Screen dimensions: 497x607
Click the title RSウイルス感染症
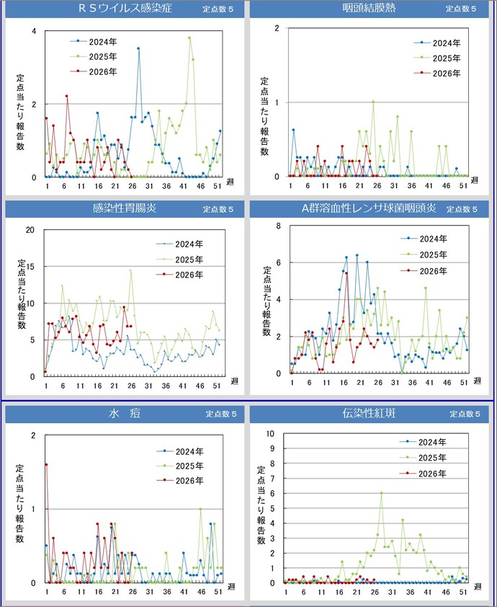125,9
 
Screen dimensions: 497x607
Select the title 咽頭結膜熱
369,8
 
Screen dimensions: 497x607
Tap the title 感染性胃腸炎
125,208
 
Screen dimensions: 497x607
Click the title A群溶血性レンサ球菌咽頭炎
369,208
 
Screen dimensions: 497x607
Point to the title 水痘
125,414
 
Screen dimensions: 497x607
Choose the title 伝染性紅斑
369,413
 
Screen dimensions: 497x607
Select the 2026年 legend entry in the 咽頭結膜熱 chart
437,73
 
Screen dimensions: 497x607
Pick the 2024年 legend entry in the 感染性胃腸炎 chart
180,244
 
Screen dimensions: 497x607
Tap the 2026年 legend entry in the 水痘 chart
180,480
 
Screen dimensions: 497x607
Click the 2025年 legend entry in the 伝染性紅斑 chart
423,458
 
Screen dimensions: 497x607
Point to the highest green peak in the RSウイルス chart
189,38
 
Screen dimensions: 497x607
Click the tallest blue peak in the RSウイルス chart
138,48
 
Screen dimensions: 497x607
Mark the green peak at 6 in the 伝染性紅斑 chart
381,493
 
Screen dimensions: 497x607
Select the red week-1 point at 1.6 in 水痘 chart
46,464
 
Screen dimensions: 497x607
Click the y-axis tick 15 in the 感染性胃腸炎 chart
30,266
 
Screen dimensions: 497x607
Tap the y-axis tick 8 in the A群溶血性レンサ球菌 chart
279,226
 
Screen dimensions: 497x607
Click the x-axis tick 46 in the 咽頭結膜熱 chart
447,186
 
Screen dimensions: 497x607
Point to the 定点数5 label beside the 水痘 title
221,414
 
